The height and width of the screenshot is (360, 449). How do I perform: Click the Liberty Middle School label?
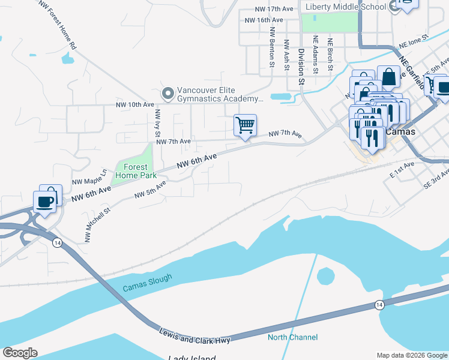coord(345,7)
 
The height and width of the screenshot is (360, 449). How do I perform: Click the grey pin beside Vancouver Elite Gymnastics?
coord(168,94)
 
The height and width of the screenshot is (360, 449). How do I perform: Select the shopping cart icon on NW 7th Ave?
coord(245,125)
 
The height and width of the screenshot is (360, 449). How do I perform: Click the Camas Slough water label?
coord(147,283)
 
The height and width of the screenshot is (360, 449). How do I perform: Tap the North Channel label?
coord(292,337)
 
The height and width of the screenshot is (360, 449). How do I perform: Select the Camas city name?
coord(400,131)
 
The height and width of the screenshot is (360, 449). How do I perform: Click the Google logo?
coord(20,352)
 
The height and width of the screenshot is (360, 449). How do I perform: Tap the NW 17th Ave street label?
coord(274,10)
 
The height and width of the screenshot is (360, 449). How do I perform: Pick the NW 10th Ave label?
coord(135,104)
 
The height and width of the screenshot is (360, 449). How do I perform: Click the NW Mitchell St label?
coord(98,225)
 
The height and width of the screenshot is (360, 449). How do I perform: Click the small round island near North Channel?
coord(325,277)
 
